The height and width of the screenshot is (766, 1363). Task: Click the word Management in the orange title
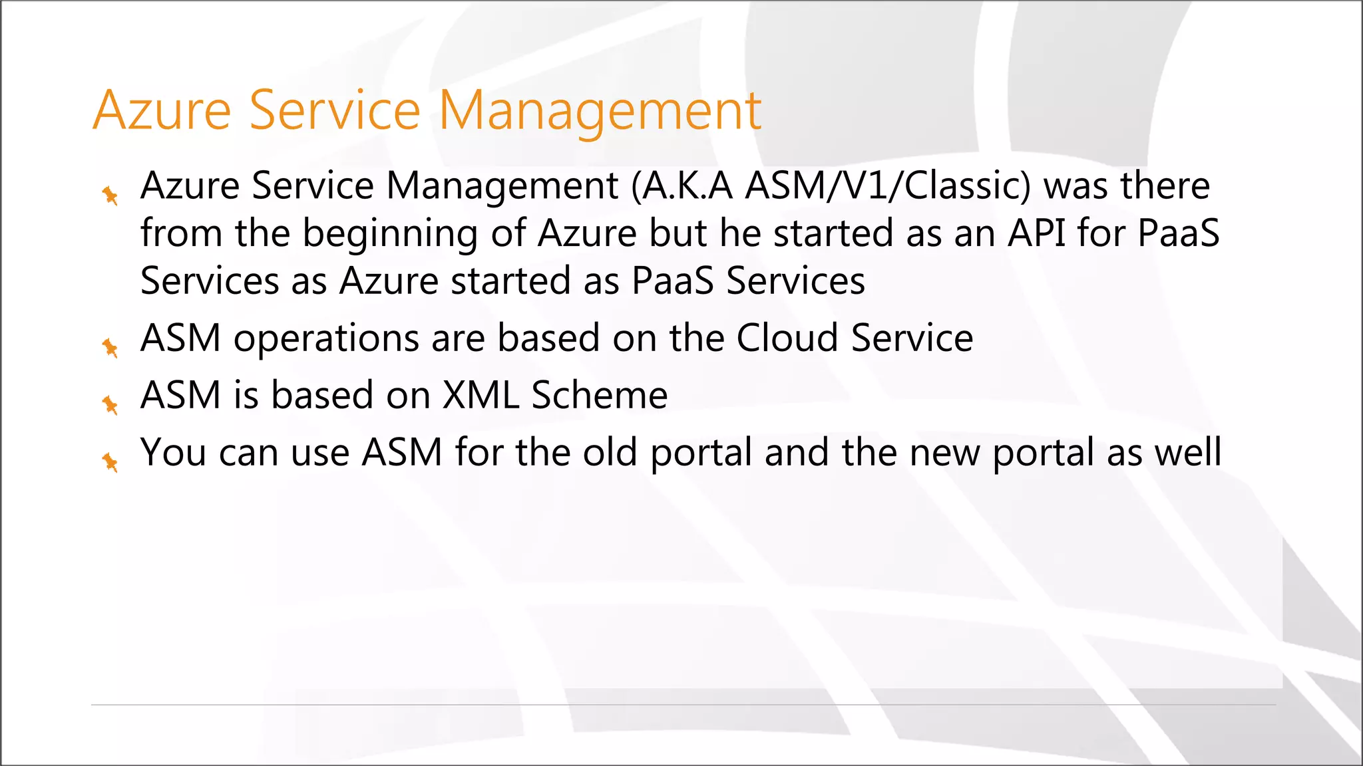point(599,110)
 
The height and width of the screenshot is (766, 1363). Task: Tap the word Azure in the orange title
point(162,110)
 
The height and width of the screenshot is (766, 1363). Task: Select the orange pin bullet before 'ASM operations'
point(110,347)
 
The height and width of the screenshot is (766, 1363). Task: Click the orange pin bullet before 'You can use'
point(110,461)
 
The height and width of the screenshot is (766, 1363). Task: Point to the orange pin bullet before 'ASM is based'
point(110,404)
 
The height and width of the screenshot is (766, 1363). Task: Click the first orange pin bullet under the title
point(110,195)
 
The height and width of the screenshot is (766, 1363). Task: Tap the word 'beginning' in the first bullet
point(390,234)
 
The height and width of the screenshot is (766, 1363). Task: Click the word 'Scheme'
point(599,395)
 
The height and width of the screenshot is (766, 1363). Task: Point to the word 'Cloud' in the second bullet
point(787,338)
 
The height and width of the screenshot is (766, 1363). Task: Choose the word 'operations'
point(326,339)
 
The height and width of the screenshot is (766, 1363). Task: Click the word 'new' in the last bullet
point(944,452)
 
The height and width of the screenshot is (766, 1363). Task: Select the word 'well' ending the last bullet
point(1187,452)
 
